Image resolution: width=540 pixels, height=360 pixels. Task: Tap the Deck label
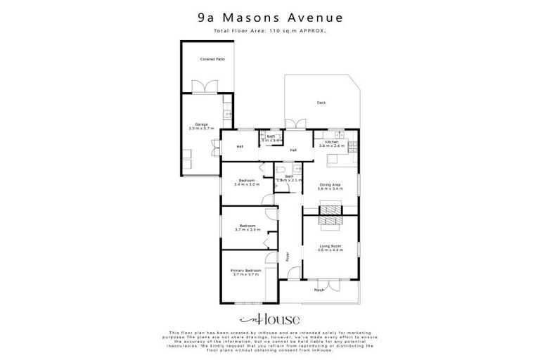(321, 103)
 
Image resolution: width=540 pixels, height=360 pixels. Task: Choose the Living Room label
(330, 245)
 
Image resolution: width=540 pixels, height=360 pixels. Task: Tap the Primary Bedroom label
(246, 270)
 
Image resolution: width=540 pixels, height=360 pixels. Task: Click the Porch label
(319, 289)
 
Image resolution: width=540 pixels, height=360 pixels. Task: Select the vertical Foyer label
(288, 256)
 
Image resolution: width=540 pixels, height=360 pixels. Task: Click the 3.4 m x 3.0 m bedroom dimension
(247, 184)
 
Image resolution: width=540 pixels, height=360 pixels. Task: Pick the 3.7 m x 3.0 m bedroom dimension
(247, 229)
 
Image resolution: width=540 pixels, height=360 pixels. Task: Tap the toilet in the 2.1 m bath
(280, 171)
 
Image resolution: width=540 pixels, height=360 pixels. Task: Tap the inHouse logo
(270, 318)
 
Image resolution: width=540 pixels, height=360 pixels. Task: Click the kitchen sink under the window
(339, 134)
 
